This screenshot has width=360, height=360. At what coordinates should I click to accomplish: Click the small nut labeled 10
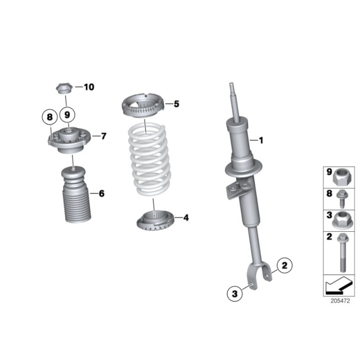click(x=64, y=88)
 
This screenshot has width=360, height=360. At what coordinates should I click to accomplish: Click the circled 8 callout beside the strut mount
click(x=49, y=118)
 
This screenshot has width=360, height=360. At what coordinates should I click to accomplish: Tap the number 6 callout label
click(x=101, y=193)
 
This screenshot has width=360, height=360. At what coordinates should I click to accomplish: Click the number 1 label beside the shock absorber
click(x=260, y=140)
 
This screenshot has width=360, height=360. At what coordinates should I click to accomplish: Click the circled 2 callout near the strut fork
click(x=284, y=265)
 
